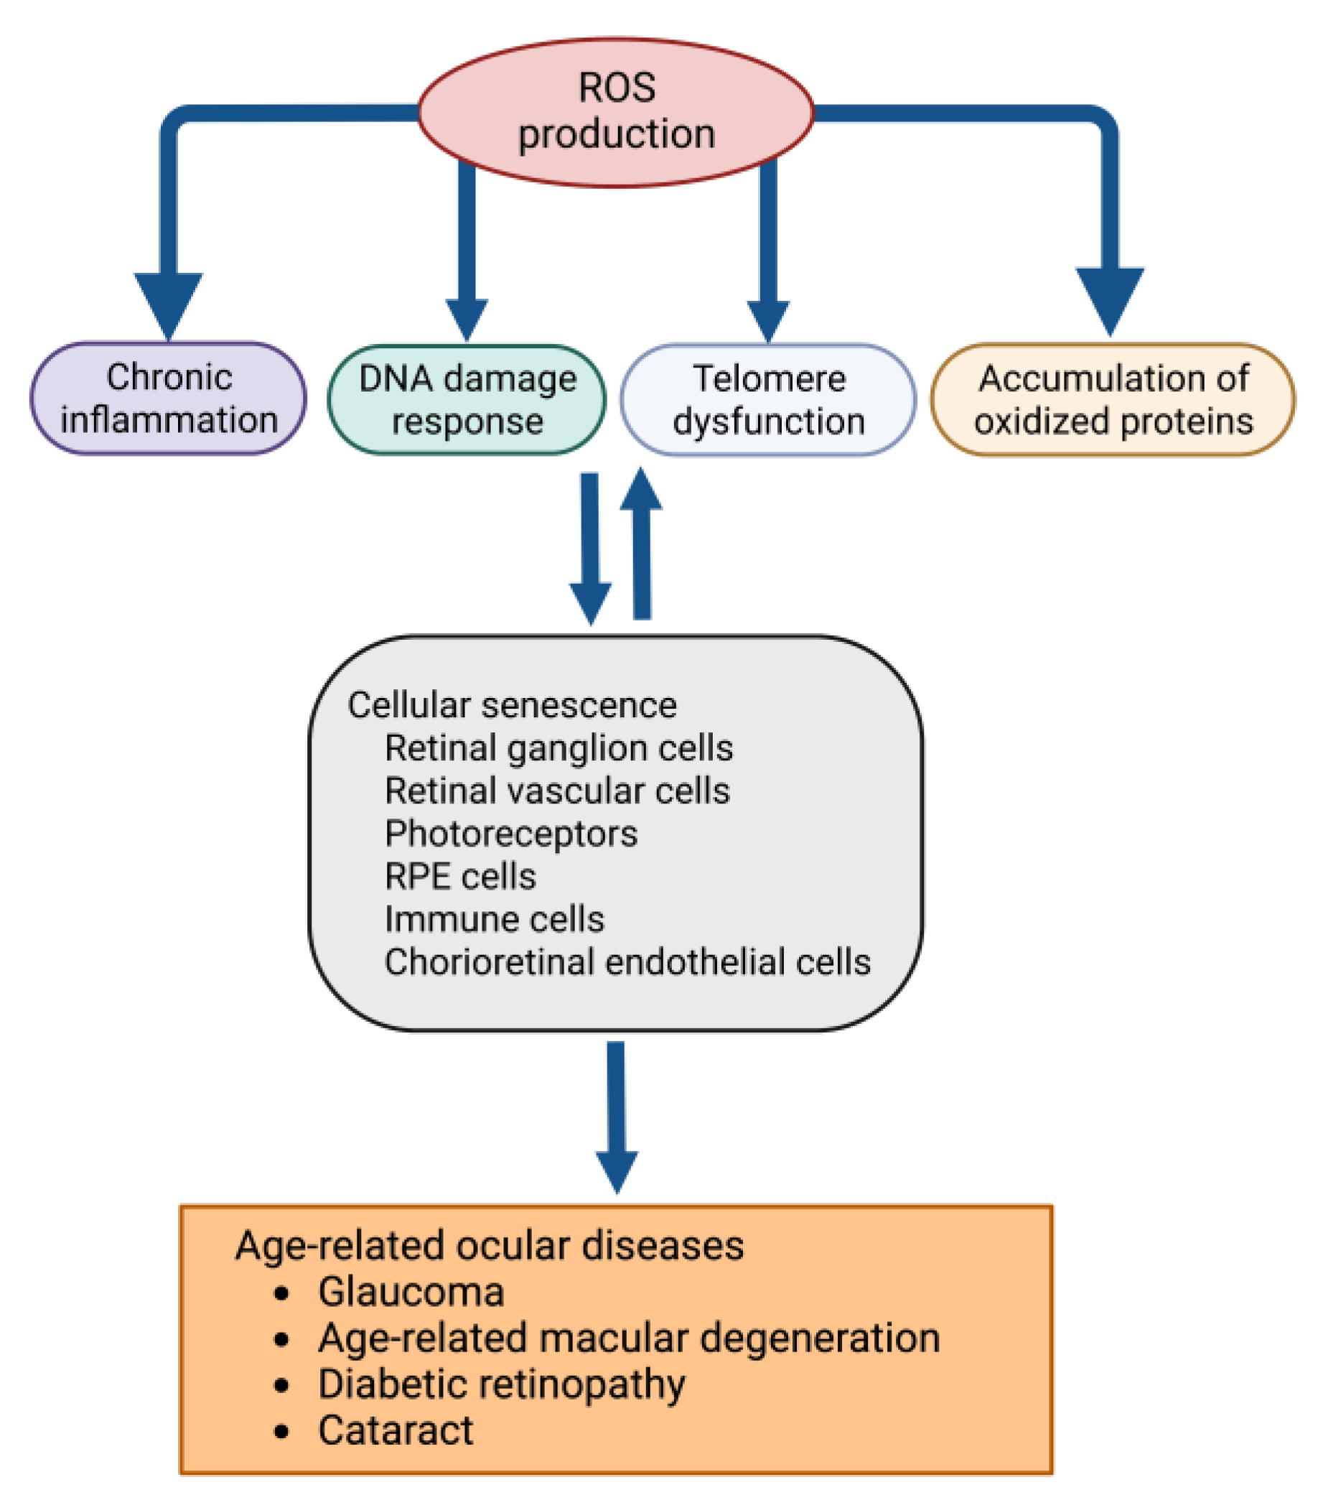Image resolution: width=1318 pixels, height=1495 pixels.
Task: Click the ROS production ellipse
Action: point(615,112)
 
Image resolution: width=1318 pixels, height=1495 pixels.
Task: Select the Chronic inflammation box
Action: point(168,399)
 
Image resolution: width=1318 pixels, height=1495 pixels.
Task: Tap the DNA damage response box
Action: point(467,400)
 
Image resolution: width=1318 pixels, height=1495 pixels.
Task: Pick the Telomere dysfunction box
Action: point(768,400)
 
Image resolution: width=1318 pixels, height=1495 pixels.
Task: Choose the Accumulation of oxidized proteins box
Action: point(1113,400)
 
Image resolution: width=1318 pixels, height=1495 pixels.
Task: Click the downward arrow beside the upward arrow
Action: point(590,549)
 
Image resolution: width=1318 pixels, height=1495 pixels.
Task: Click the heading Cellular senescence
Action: point(512,706)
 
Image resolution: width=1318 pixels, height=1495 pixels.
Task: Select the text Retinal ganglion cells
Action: point(558,748)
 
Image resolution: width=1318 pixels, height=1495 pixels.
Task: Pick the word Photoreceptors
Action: point(510,834)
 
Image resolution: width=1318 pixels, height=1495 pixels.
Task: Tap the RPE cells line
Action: point(460,876)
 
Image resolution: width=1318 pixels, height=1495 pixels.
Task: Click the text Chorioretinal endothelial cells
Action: point(627,962)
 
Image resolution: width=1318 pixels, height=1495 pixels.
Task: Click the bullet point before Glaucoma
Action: point(281,1293)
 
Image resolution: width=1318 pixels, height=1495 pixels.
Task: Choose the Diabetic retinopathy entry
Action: point(502,1384)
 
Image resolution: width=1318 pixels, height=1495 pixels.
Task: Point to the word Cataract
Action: point(396,1430)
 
